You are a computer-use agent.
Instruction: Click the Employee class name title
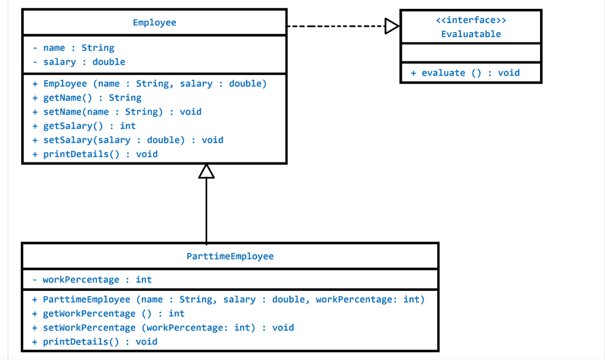(154, 22)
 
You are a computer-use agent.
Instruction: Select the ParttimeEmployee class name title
(230, 256)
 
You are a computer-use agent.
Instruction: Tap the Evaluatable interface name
(470, 34)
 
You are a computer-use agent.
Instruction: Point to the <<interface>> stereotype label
(470, 21)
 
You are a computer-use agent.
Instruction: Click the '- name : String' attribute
(73, 48)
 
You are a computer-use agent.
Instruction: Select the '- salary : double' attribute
(79, 61)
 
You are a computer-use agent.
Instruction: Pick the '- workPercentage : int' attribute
(92, 280)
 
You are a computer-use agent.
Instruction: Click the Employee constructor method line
(149, 83)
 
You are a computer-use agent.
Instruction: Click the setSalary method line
(128, 140)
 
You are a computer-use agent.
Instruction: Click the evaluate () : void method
(465, 73)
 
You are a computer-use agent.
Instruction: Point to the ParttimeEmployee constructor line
(229, 300)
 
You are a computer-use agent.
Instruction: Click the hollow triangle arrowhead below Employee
(206, 171)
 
